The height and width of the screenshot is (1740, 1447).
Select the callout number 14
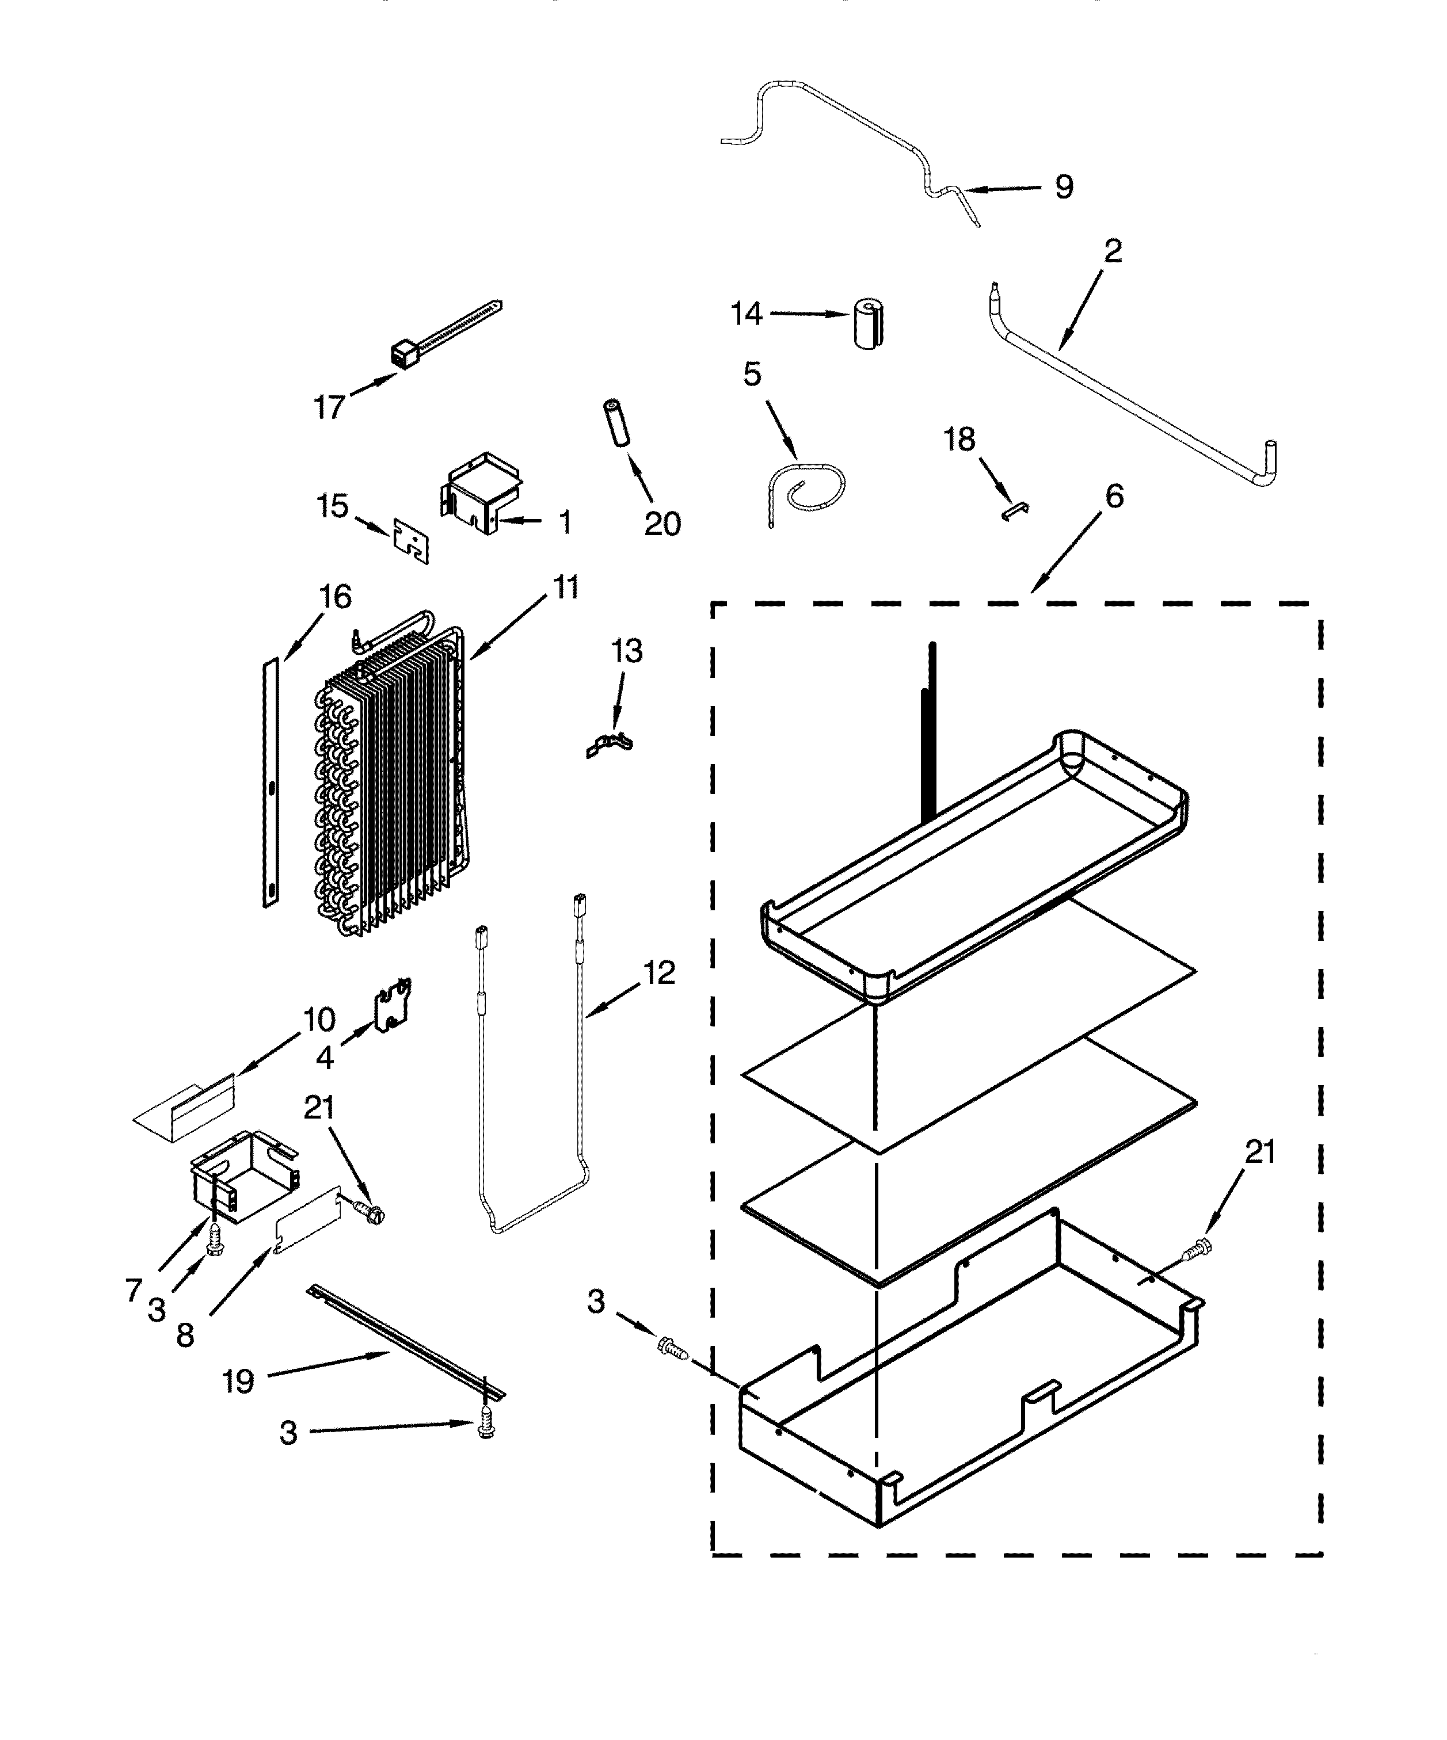(x=746, y=314)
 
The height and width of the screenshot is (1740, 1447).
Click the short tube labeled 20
(x=616, y=423)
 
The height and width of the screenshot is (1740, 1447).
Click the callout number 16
(x=335, y=597)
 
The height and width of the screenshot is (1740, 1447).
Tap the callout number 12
(x=659, y=973)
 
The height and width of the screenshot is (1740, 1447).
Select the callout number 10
(x=319, y=1020)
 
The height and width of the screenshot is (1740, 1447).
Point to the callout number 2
(x=1113, y=251)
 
